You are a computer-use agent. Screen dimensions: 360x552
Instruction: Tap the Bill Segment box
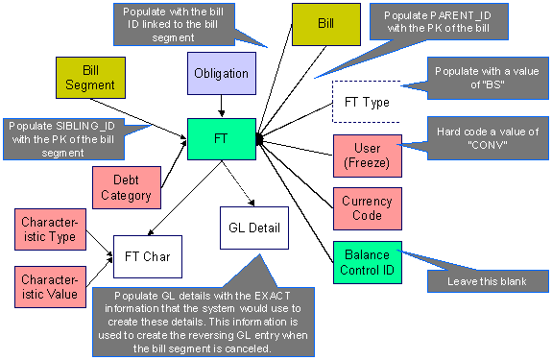pyautogui.click(x=85, y=80)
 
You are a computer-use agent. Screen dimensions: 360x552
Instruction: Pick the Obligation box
pyautogui.click(x=221, y=74)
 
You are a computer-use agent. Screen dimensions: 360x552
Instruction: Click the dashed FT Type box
pyautogui.click(x=368, y=103)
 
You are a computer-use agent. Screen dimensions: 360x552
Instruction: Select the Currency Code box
pyautogui.click(x=367, y=208)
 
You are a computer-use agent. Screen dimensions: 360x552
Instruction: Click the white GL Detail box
pyautogui.click(x=253, y=228)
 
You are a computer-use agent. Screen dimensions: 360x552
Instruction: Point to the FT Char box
pyautogui.click(x=148, y=256)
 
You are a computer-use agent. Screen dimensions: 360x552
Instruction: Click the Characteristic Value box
pyautogui.click(x=49, y=286)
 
